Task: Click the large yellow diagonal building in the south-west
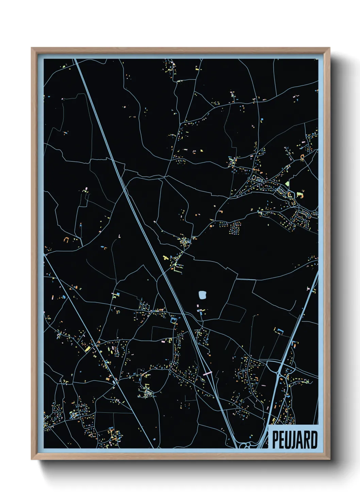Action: click(88, 348)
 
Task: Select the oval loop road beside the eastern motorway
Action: click(273, 366)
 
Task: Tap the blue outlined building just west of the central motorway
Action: click(174, 319)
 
